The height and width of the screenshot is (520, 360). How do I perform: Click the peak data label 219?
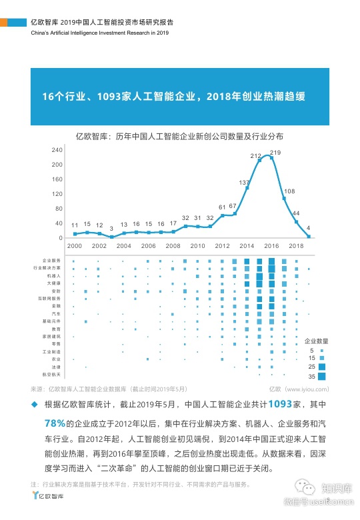pos(275,153)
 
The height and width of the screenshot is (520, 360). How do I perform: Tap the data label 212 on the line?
pos(255,155)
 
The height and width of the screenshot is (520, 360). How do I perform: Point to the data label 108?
pos(289,191)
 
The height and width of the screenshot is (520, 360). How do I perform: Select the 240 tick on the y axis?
pos(57,150)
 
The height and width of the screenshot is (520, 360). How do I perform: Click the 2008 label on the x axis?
pos(173,246)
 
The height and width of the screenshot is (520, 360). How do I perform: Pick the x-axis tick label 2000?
pos(75,246)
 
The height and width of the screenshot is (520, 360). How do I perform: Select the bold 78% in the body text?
pos(53,423)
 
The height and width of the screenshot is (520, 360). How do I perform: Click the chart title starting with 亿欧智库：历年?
pos(179,136)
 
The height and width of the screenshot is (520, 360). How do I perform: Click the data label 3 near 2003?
pos(111,228)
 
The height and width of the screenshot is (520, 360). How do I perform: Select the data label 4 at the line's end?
pos(308,227)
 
